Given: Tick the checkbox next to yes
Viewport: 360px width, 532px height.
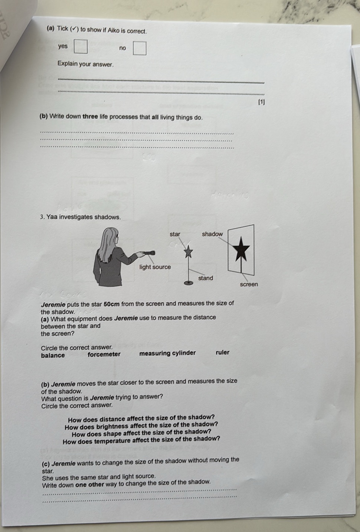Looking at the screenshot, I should point(82,47).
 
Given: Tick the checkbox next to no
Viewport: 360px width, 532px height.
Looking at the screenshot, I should point(140,49).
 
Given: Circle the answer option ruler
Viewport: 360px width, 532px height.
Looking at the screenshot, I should point(223,352).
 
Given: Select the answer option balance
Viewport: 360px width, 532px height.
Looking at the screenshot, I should point(53,355).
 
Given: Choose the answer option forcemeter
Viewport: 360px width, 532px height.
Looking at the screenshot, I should point(104,354).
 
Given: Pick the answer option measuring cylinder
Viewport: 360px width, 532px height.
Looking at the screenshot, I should point(167,353).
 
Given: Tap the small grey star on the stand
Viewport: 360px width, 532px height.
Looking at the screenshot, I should point(189,252).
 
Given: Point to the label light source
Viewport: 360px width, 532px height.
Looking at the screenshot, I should point(155,267).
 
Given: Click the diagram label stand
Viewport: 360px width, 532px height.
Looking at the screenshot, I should point(206,278).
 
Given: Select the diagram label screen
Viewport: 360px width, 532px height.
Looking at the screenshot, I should point(249,285).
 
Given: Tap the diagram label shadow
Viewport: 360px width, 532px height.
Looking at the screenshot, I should point(212,234).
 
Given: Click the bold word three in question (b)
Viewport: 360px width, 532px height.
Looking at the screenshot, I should point(90,116).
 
